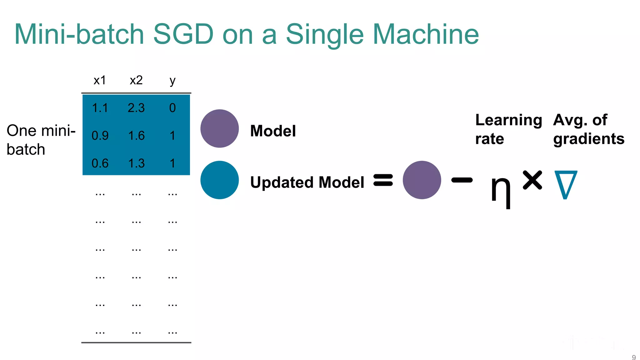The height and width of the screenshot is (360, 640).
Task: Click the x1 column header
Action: [100, 80]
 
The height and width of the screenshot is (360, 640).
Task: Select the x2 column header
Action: [136, 80]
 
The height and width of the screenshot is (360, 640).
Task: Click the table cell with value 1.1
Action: [100, 108]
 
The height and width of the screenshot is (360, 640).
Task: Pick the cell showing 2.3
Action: [136, 108]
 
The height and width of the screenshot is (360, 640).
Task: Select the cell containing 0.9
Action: [100, 136]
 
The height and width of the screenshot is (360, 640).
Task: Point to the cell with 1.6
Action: [137, 136]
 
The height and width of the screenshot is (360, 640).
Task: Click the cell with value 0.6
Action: [100, 163]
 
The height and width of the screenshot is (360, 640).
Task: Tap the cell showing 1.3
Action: [137, 163]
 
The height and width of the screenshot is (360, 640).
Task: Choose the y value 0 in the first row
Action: [172, 108]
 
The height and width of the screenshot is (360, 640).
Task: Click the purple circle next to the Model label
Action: [220, 128]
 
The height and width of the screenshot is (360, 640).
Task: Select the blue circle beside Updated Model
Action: [220, 180]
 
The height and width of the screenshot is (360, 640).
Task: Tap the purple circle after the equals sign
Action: [422, 180]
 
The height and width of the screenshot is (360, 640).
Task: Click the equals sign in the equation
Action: [383, 180]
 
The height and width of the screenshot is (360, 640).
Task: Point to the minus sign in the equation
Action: [462, 180]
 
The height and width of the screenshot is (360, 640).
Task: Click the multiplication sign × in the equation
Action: [532, 180]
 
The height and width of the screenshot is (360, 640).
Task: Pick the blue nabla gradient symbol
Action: [566, 184]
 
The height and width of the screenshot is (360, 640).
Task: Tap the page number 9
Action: [634, 357]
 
